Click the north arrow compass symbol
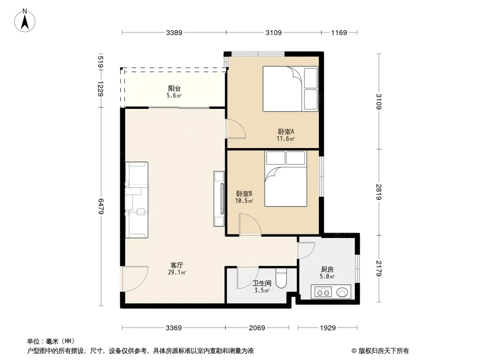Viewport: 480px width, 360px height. click(25, 21)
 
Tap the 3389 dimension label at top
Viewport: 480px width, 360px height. click(174, 32)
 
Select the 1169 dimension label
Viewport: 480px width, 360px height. click(339, 32)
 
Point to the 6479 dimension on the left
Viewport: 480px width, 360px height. click(100, 207)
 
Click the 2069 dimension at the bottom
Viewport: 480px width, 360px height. click(257, 328)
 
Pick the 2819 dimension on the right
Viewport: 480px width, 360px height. click(379, 192)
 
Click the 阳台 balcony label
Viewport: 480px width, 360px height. click(174, 88)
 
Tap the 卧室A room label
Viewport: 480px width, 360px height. click(286, 131)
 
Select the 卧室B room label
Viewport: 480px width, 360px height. click(244, 193)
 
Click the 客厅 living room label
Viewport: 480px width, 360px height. click(177, 265)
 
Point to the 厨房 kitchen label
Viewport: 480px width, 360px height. click(327, 270)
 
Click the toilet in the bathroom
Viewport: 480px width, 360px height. click(281, 279)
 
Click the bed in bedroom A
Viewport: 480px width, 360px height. click(290, 89)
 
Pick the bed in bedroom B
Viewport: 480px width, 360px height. click(285, 179)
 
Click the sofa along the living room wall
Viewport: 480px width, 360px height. click(136, 200)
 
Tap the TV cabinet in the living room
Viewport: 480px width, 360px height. click(219, 199)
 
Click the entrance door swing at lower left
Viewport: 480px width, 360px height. click(135, 279)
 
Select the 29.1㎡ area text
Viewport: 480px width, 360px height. click(177, 272)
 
